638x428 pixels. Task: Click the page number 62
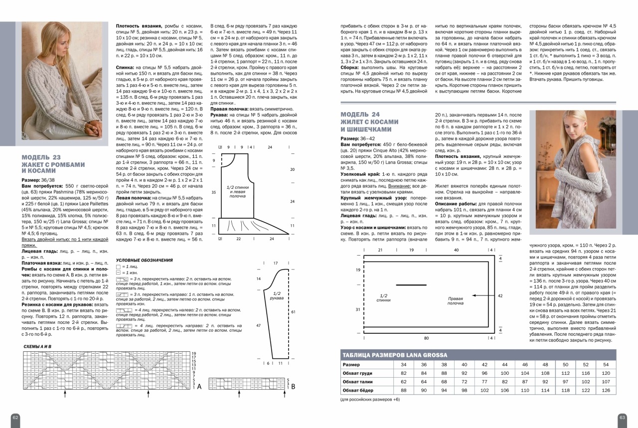tap(15, 417)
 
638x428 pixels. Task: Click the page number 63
tap(622, 417)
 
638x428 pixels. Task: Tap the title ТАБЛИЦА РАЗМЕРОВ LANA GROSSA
tap(395, 355)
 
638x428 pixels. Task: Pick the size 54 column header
tap(606, 365)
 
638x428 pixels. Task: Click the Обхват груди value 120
tap(606, 373)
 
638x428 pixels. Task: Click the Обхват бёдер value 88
tap(404, 390)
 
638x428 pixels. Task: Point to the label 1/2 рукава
tap(277, 295)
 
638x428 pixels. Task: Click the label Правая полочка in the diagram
tap(455, 300)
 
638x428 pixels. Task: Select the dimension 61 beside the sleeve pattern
tap(293, 311)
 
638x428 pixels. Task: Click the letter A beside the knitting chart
tap(199, 386)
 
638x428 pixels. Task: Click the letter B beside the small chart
tap(293, 386)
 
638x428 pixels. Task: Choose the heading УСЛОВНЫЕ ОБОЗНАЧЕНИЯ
tap(144, 260)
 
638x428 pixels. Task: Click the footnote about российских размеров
tap(370, 399)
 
